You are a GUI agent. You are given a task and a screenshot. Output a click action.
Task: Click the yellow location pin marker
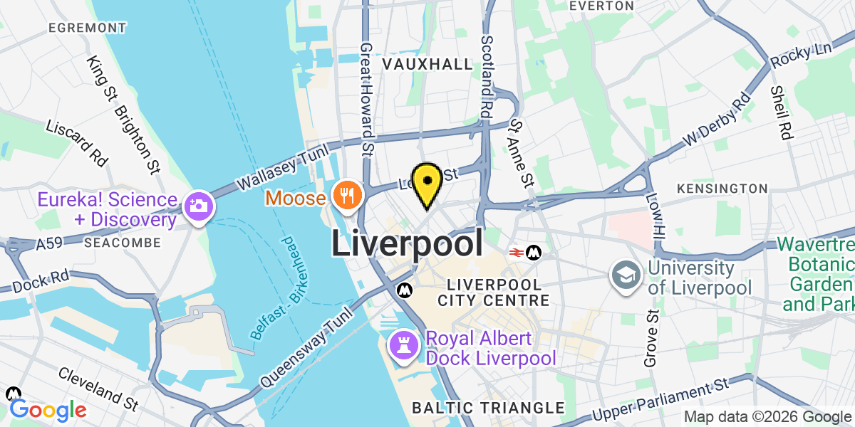tap(427, 183)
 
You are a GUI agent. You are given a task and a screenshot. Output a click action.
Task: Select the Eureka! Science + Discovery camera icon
tap(196, 206)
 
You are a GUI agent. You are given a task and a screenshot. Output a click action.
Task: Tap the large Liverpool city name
tap(407, 243)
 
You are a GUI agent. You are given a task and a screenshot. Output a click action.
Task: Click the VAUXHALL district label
tap(427, 64)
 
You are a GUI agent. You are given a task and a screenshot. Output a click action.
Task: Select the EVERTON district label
tap(602, 6)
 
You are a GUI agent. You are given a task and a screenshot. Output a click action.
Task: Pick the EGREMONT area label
tap(88, 28)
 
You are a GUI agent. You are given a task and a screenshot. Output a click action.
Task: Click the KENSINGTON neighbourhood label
tap(722, 189)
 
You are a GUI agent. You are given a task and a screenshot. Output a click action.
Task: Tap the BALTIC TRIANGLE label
tap(488, 408)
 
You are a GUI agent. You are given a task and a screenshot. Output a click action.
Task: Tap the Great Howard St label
tap(367, 98)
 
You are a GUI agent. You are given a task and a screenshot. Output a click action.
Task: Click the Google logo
tap(48, 410)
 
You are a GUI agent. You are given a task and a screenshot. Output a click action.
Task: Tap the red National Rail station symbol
tap(517, 253)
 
